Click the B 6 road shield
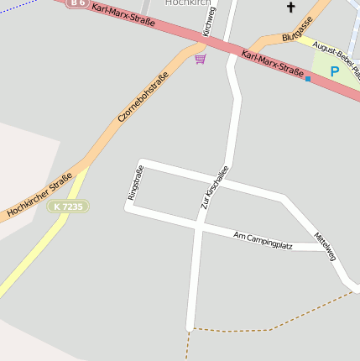click(x=77, y=3)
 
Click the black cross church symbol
click(x=291, y=8)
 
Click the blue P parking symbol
click(x=334, y=72)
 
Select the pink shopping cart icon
click(x=200, y=59)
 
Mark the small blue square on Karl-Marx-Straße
click(x=308, y=79)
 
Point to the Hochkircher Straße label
click(x=39, y=196)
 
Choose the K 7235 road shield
click(x=68, y=207)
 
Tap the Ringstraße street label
click(x=135, y=182)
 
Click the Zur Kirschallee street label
click(x=214, y=187)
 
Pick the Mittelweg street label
click(x=325, y=246)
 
